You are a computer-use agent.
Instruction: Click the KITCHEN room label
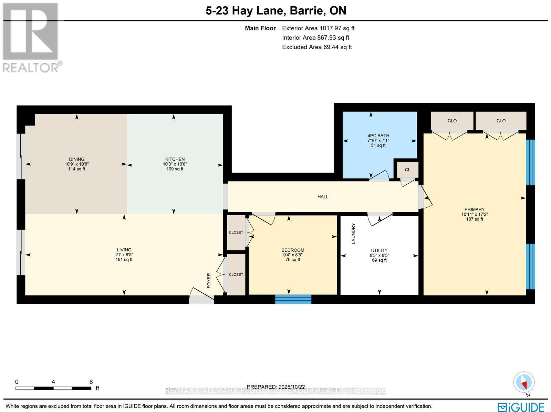[175, 159]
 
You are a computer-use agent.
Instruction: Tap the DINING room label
[76, 159]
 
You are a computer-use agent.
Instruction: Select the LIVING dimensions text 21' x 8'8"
[124, 254]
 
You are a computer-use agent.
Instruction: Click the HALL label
[323, 197]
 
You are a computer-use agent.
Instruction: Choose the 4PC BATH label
[378, 135]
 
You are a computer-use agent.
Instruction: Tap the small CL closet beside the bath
[407, 170]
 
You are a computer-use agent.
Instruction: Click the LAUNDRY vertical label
[353, 234]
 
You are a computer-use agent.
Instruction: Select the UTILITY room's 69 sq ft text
[379, 260]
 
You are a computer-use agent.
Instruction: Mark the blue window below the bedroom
[293, 299]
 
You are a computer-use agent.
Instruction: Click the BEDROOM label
[293, 250]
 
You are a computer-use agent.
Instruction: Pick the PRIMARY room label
[474, 209]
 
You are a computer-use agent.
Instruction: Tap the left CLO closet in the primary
[452, 121]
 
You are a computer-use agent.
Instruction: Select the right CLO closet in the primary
[501, 121]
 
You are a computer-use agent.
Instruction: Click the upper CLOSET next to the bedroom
[236, 233]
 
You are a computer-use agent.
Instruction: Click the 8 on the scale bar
[91, 382]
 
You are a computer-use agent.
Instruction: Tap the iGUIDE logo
[521, 407]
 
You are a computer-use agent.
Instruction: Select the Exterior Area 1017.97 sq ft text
[318, 29]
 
